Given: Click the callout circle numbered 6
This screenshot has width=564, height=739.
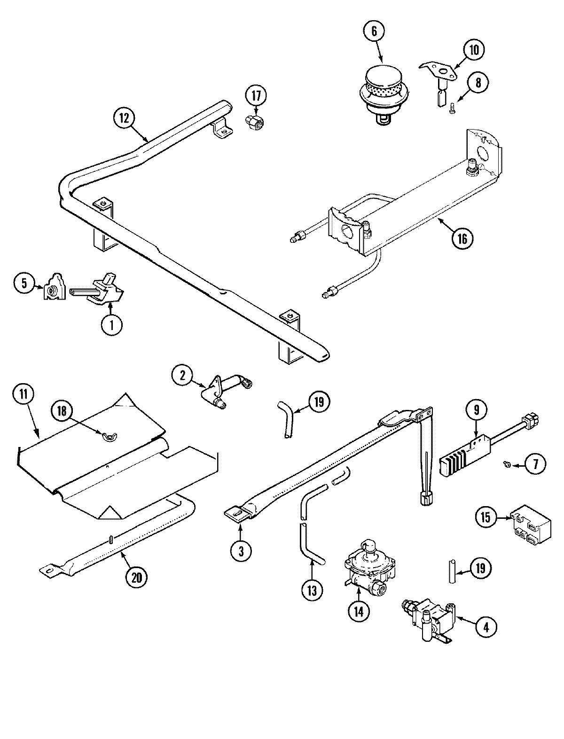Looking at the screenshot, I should point(374,31).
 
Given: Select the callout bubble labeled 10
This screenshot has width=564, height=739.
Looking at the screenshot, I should point(474,50).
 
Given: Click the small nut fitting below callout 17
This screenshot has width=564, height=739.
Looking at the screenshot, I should point(255,123).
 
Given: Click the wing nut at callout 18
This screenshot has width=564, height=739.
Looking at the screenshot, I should point(109,438).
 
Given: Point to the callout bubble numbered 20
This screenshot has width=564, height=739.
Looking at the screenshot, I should point(136,577).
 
